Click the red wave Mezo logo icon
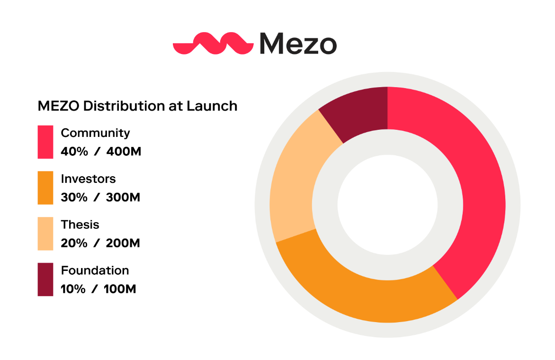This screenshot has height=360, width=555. point(213,43)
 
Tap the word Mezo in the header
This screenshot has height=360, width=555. point(298,43)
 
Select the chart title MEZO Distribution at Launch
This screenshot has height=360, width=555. point(137,106)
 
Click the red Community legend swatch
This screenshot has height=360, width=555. point(45,142)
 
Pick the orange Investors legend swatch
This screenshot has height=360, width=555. point(45,188)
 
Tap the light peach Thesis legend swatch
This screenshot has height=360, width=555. point(45,234)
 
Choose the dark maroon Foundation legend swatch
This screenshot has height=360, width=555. point(45,279)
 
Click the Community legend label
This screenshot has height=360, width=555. point(95,133)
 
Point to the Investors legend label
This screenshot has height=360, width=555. point(88,179)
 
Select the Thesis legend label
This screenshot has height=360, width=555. point(80,225)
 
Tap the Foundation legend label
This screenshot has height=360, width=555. point(95,270)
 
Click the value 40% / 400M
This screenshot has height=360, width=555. point(101,152)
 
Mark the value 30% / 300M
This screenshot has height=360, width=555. point(100,198)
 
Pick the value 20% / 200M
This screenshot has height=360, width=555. point(100,243)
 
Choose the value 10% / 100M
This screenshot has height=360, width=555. point(98,289)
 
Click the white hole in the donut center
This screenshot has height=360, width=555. point(387,205)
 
